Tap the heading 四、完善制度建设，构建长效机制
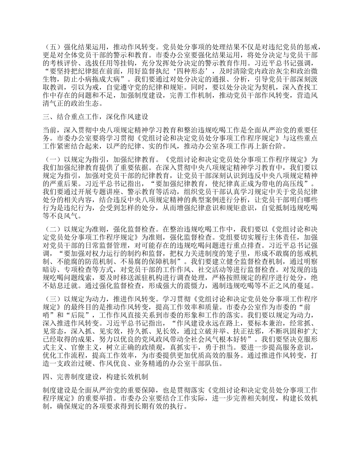[x=94, y=377]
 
